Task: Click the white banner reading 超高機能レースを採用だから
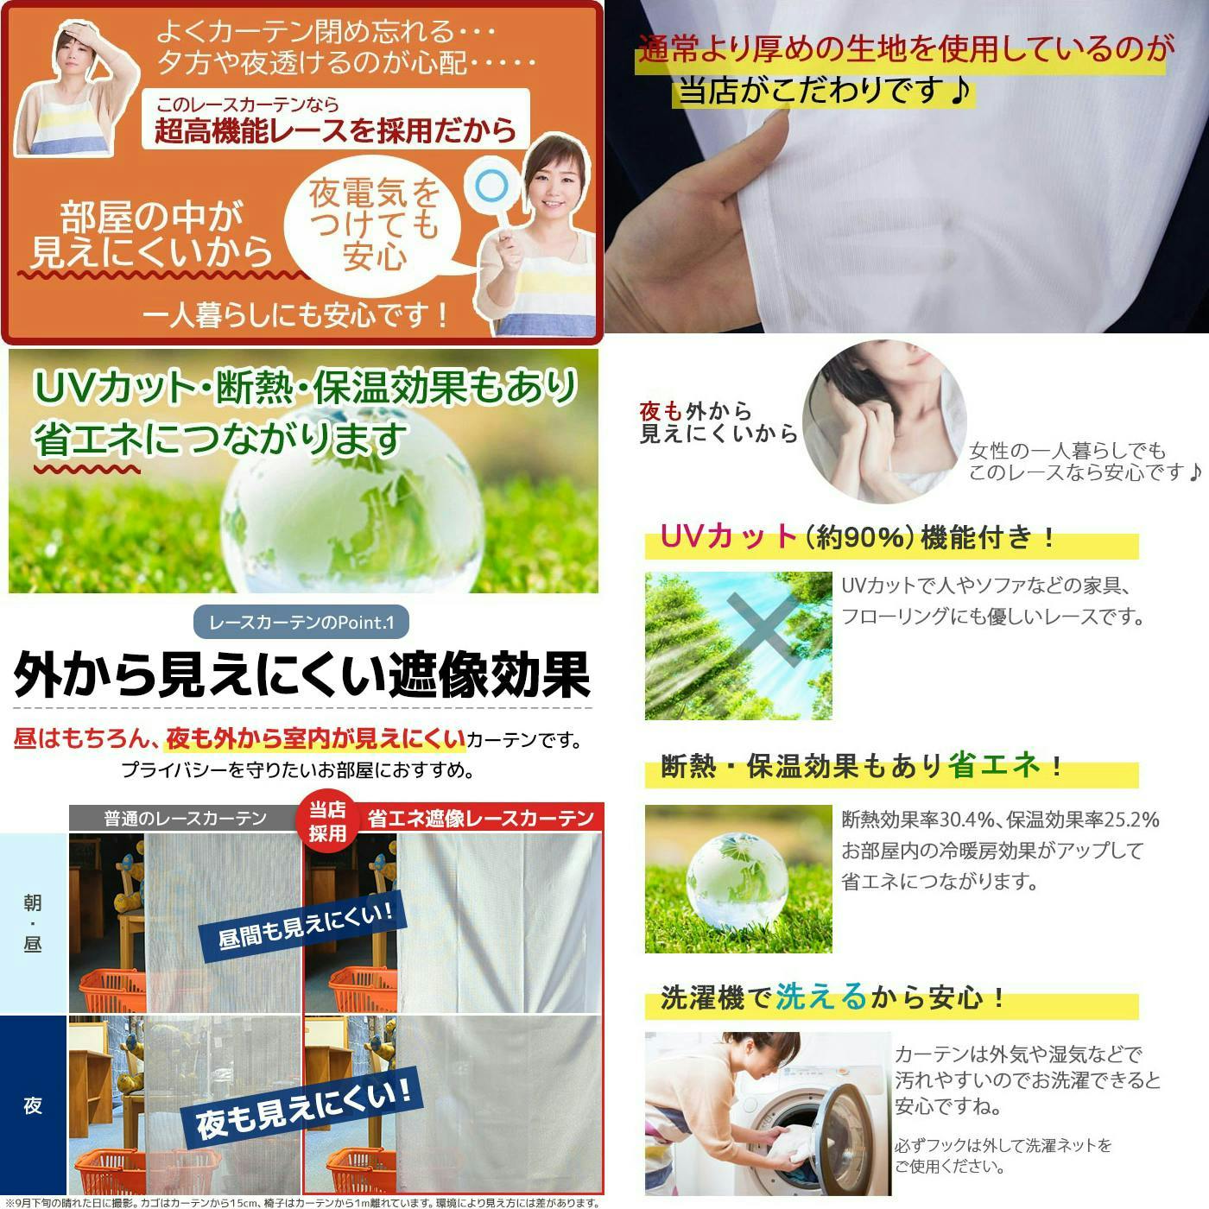click(x=335, y=120)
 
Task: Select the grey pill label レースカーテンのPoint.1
click(x=301, y=623)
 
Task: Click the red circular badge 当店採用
click(x=327, y=821)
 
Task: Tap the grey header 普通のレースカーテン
click(x=185, y=818)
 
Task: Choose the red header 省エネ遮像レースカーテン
click(x=480, y=818)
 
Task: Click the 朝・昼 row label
click(x=33, y=922)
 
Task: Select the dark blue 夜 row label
click(x=33, y=1105)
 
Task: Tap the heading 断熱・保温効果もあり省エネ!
click(x=860, y=766)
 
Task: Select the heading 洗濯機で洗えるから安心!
click(x=834, y=998)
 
